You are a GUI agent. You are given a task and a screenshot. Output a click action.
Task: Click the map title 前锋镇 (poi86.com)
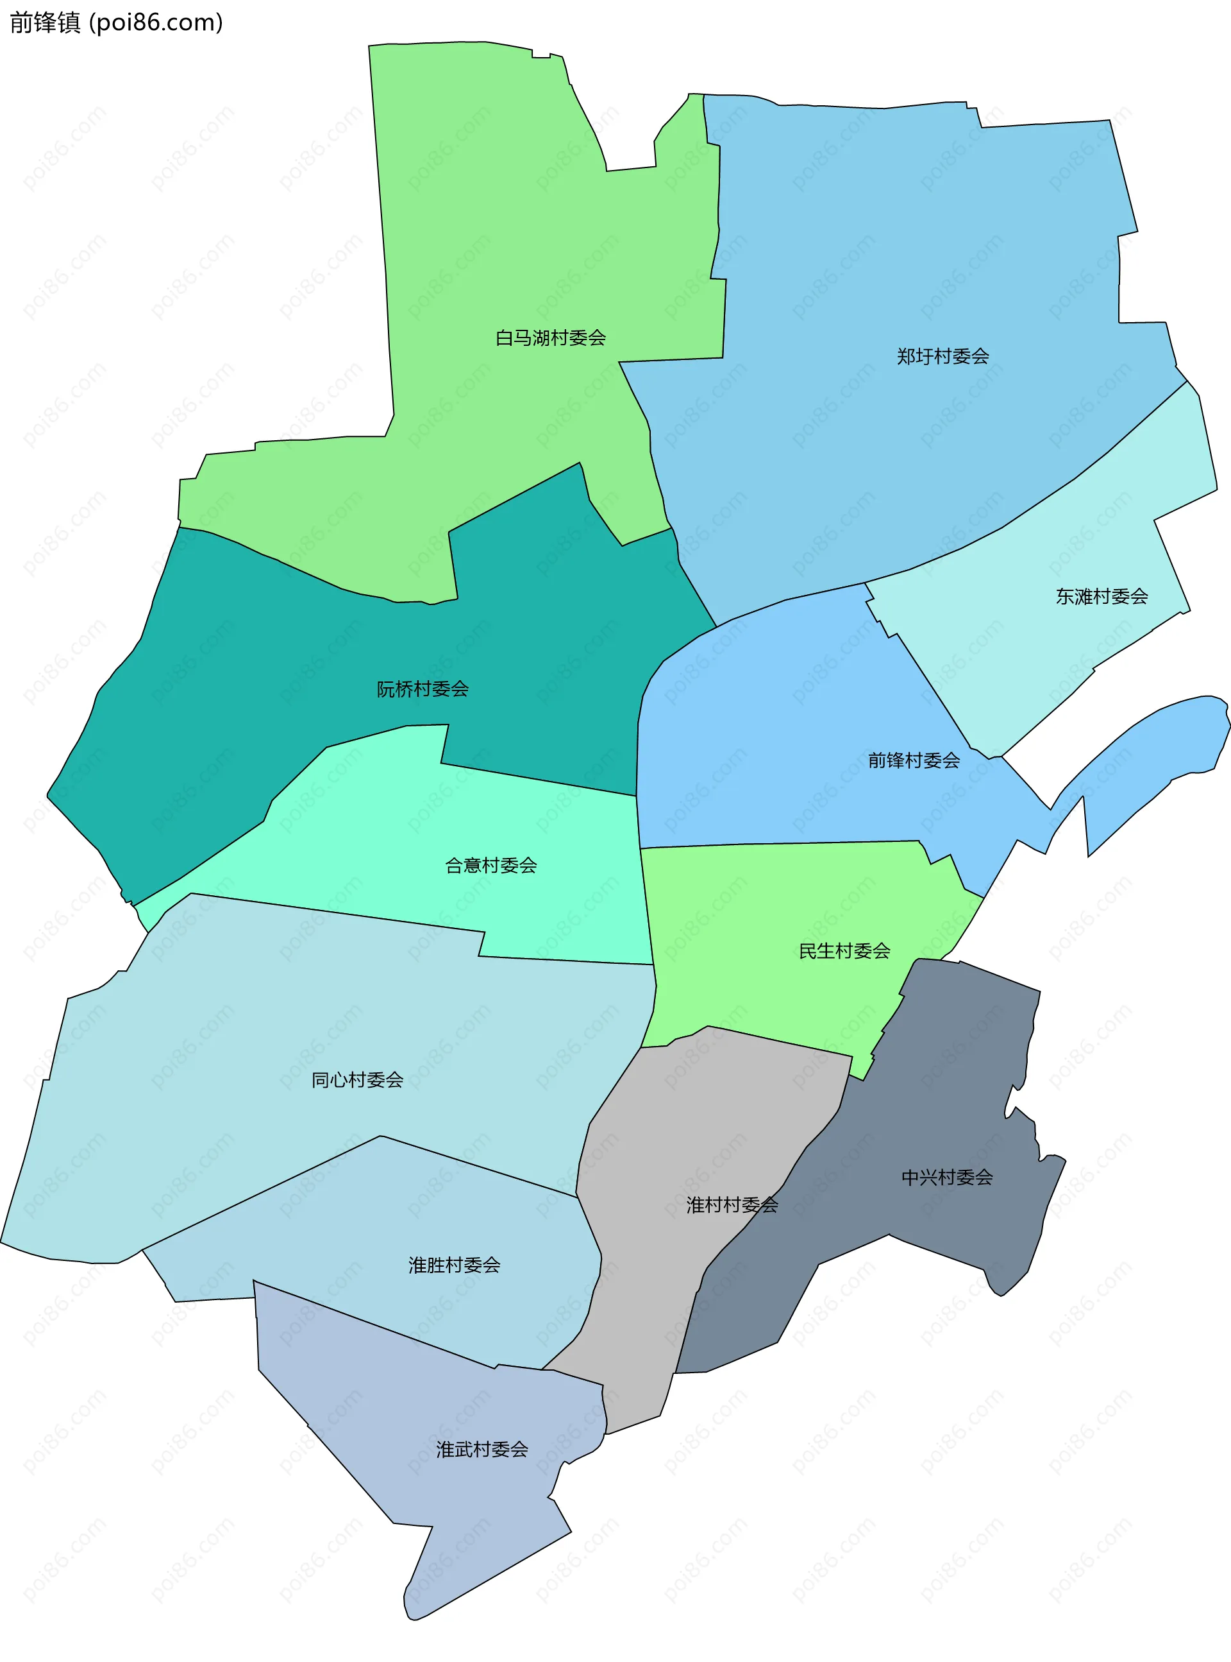[x=116, y=23]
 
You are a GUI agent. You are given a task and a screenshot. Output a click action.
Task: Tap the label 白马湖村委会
[x=551, y=338]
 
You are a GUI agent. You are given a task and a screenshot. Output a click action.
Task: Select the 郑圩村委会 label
[x=942, y=356]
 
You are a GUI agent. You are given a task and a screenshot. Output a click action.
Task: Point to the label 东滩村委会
[x=1101, y=597]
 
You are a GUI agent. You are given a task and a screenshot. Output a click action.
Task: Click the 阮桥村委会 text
[x=423, y=689]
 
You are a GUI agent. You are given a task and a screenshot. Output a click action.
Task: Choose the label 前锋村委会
[x=914, y=760]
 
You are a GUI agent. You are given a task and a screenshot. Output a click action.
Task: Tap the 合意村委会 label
[x=491, y=866]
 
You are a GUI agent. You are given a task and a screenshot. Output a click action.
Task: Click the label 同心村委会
[x=357, y=1080]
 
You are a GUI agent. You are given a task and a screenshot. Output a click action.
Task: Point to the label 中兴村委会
[x=947, y=1178]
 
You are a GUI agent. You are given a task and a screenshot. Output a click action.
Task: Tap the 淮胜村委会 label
[x=454, y=1265]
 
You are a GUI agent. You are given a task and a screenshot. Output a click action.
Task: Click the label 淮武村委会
[x=482, y=1450]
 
